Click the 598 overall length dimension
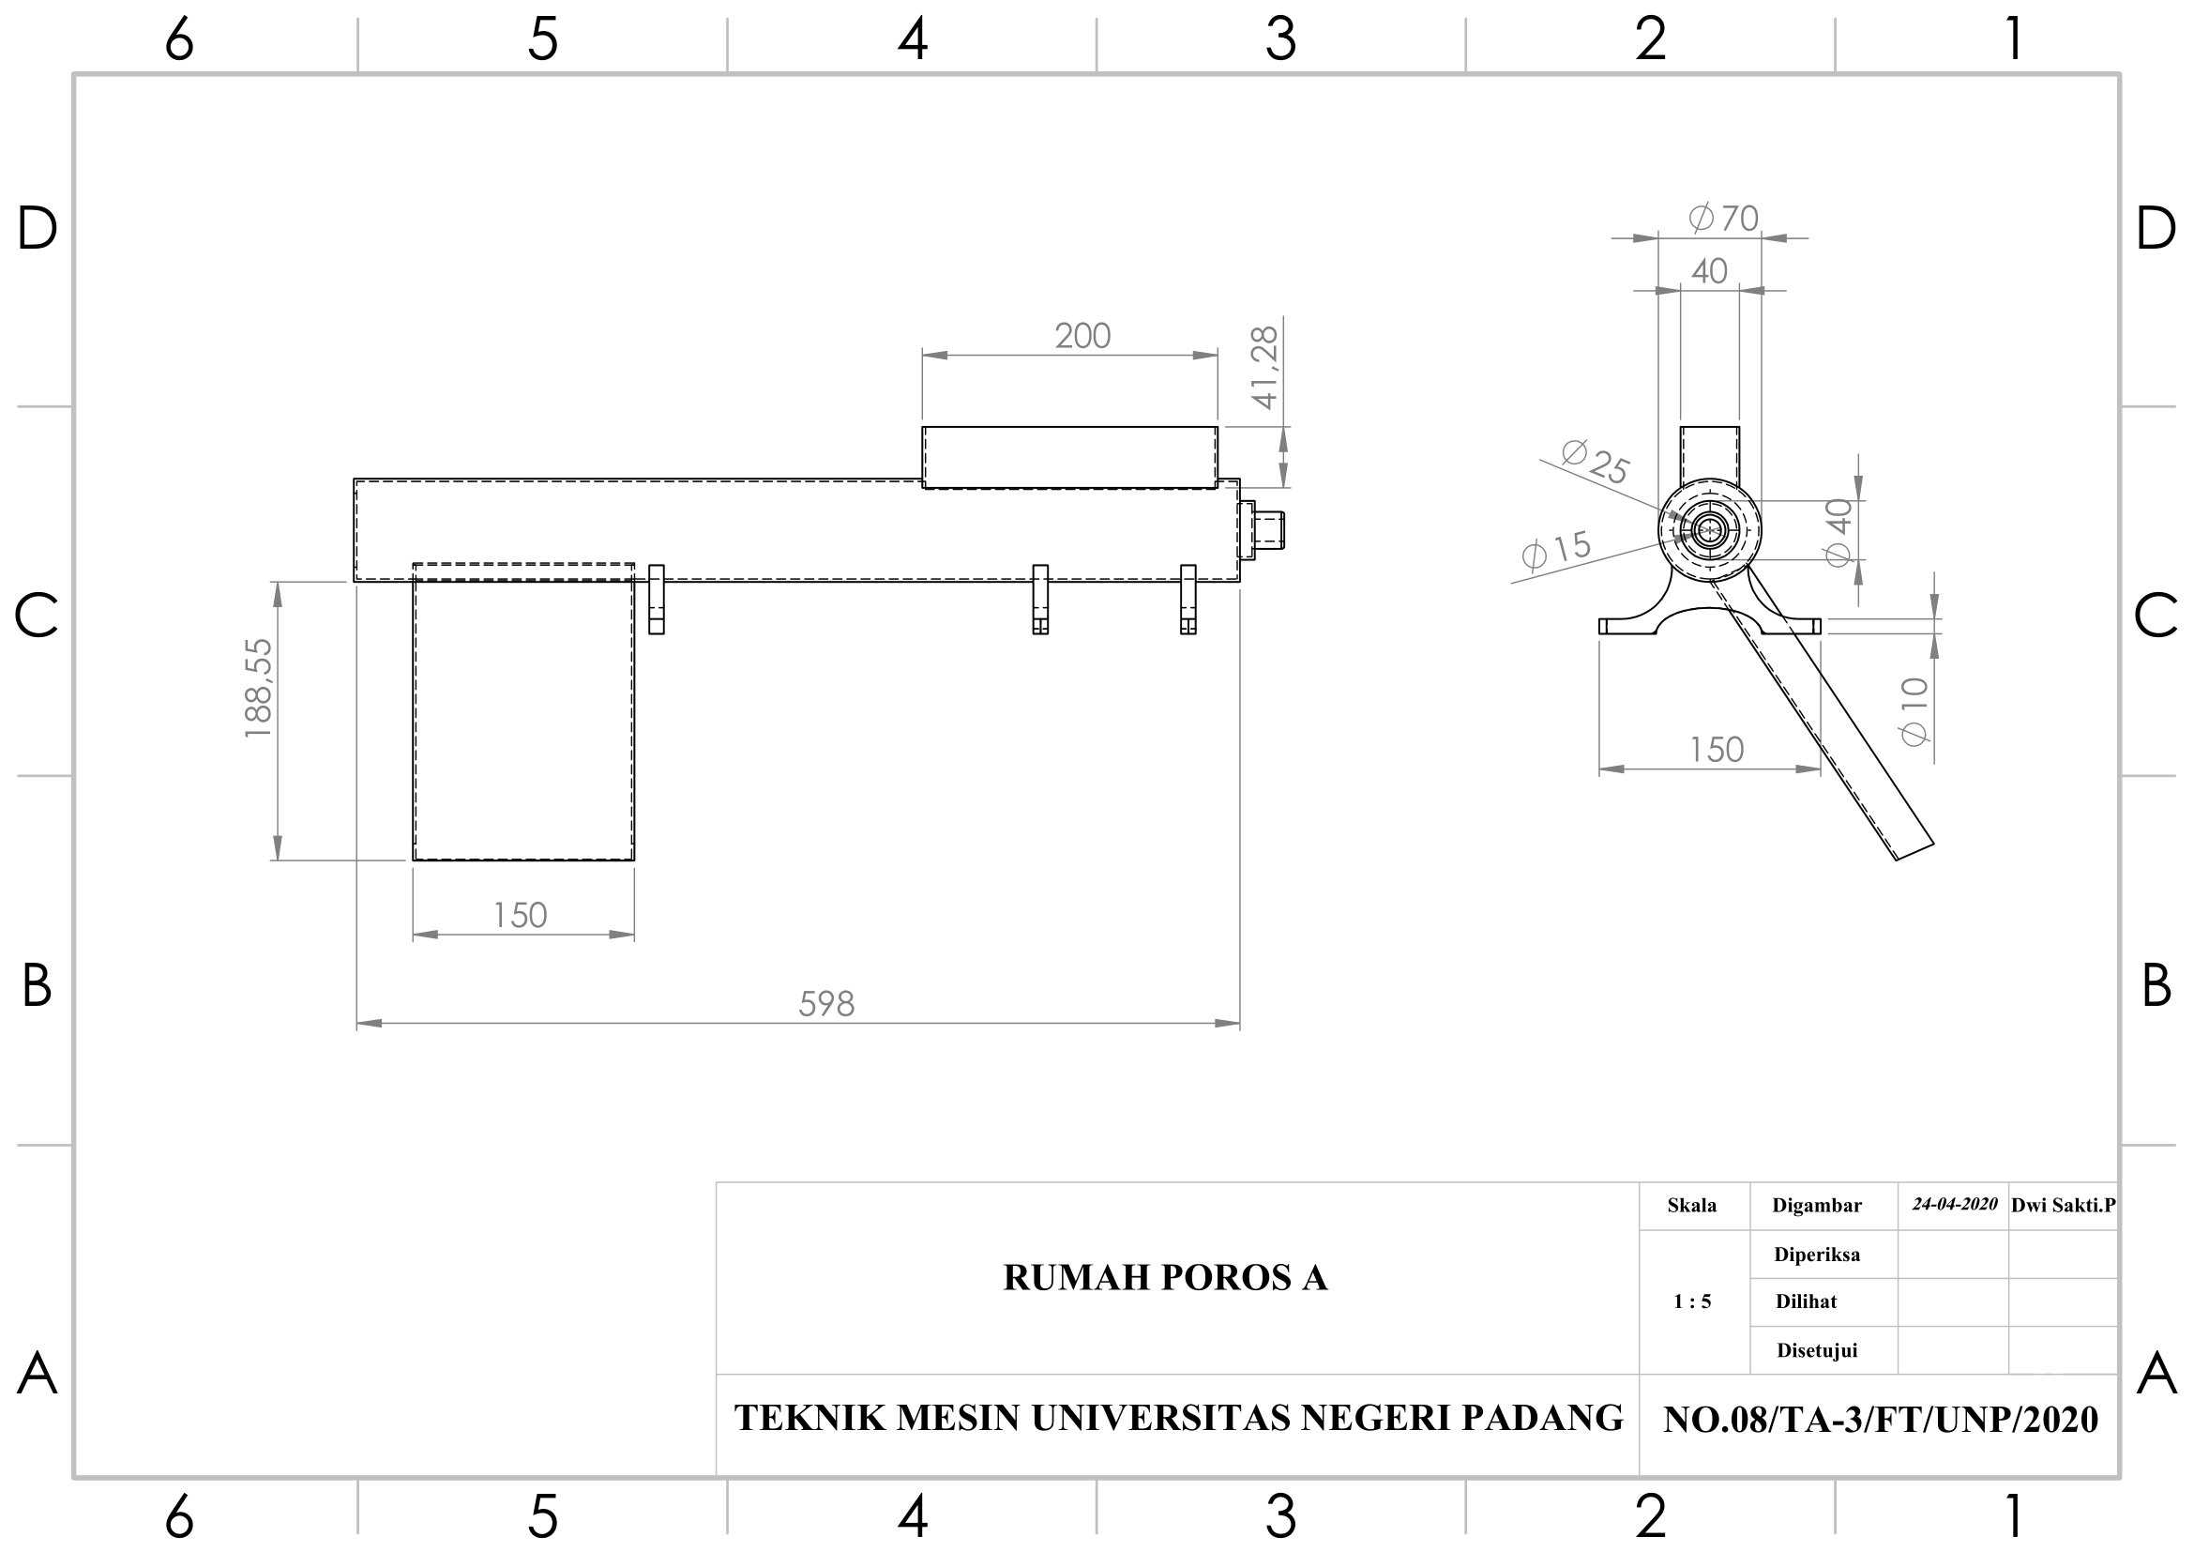click(826, 1003)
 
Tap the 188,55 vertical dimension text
click(259, 688)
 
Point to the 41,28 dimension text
click(1264, 368)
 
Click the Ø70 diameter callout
click(1724, 218)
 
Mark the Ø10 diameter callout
click(1914, 711)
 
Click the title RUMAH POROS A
click(1165, 1278)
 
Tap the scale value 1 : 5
click(1692, 1301)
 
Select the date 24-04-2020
click(1954, 1204)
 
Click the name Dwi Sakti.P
click(2063, 1205)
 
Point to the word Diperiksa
click(1817, 1255)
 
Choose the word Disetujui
click(1817, 1350)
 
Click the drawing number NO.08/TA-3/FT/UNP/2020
click(1881, 1420)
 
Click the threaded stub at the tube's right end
click(1269, 529)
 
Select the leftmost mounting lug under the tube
click(657, 600)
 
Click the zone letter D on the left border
click(38, 228)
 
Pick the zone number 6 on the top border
click(179, 40)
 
